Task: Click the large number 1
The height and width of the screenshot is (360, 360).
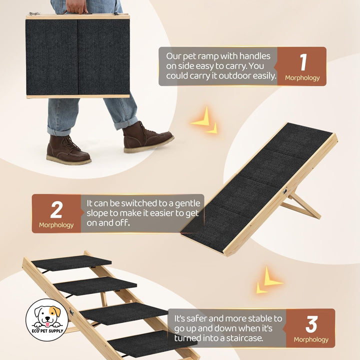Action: (x=303, y=62)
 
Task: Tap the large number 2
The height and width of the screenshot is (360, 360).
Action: (x=56, y=209)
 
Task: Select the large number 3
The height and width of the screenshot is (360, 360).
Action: (x=311, y=324)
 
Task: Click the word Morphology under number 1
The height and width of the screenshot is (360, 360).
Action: (x=302, y=78)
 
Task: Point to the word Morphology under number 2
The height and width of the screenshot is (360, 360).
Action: (x=56, y=225)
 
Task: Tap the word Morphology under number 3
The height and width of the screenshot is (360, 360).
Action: (x=311, y=339)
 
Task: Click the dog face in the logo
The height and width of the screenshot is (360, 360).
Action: (x=47, y=315)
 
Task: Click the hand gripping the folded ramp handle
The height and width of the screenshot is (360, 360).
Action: (x=75, y=7)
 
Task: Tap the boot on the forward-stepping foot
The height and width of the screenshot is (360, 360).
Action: (x=147, y=137)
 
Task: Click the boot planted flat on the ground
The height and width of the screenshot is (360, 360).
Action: (x=67, y=149)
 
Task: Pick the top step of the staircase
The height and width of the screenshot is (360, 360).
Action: (x=71, y=262)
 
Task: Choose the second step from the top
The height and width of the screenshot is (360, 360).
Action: (x=95, y=285)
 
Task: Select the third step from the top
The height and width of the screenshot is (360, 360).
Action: (x=124, y=313)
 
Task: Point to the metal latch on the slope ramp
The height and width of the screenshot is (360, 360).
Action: (x=285, y=191)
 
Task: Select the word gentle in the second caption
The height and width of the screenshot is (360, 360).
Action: (x=187, y=204)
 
